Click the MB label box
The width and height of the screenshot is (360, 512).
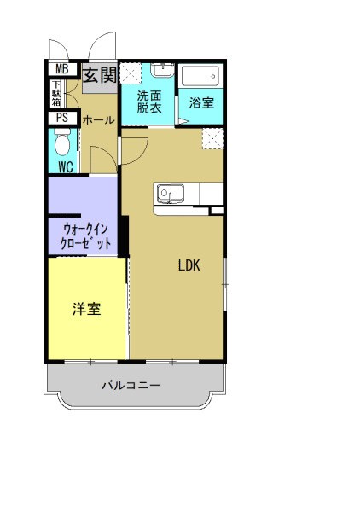[x=61, y=69]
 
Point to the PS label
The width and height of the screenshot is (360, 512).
[x=61, y=119]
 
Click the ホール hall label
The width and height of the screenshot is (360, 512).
[x=98, y=120]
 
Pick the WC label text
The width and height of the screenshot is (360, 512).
[x=65, y=167]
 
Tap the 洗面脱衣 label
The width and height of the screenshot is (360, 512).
[x=148, y=102]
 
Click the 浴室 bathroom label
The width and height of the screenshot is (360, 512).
[x=202, y=102]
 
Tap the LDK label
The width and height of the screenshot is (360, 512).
[x=189, y=265]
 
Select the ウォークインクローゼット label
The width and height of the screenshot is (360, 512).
[x=86, y=236]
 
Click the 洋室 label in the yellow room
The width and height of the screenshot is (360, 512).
[x=86, y=309]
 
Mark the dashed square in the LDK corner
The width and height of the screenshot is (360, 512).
[x=212, y=138]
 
